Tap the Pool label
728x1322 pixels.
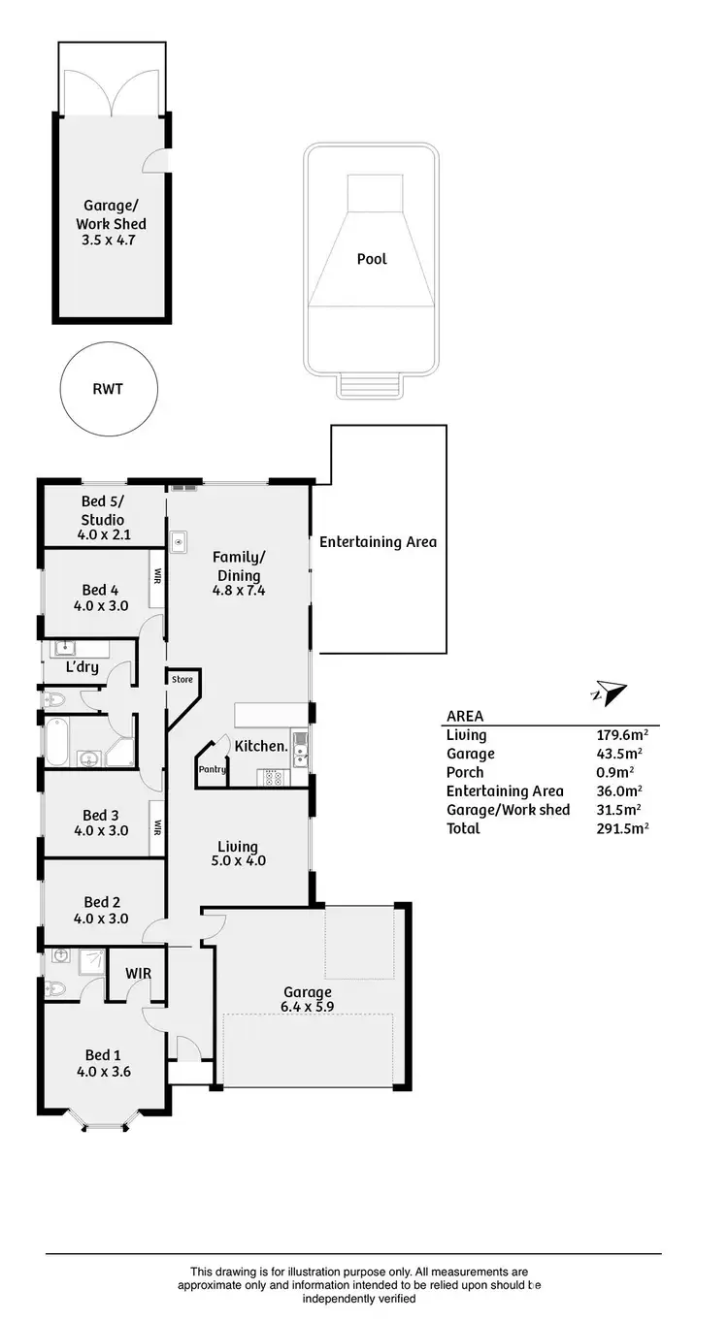pos(372,259)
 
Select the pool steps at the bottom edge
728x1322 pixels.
pos(370,386)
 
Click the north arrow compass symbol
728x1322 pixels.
pos(609,693)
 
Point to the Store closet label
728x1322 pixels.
pos(182,680)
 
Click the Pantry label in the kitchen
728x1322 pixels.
pos(212,770)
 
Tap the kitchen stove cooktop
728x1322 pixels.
pos(272,776)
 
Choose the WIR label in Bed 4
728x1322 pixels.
pos(156,575)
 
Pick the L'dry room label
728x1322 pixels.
pos(83,668)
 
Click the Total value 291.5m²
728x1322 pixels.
pos(621,828)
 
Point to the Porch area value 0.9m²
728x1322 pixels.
pos(614,772)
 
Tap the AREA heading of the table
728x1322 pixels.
pos(464,717)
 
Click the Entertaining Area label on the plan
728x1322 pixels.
pos(378,542)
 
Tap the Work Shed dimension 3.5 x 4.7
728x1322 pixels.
pos(114,240)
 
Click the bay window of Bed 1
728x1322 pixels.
pos(103,1123)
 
